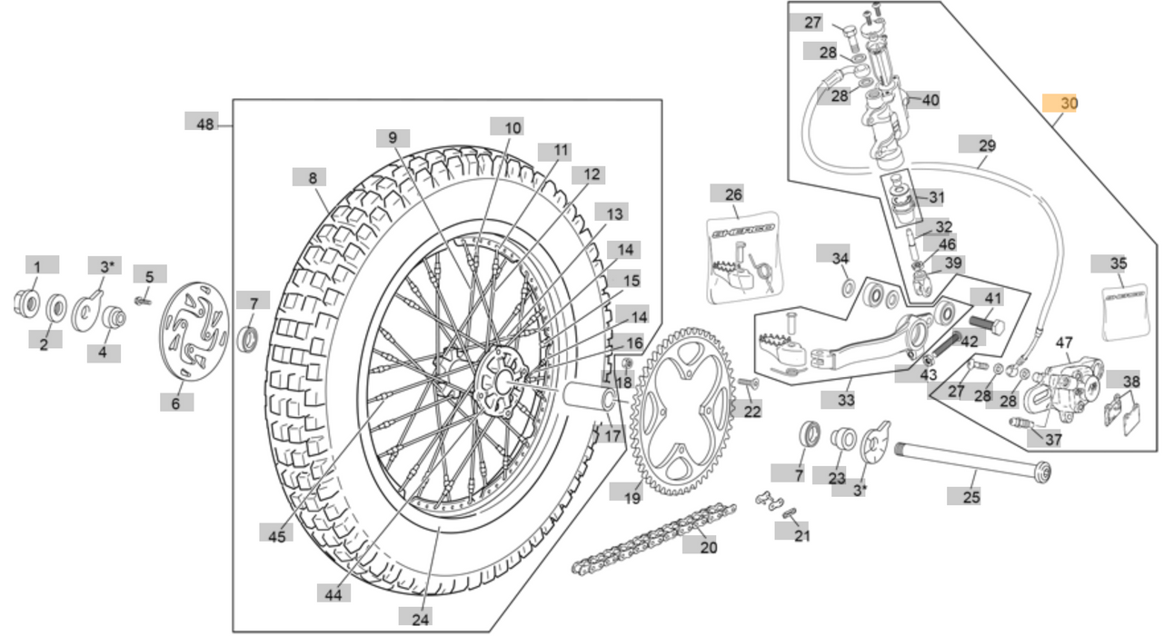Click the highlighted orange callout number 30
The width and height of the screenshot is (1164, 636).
tap(1060, 104)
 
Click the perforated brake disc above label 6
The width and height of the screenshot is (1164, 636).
tap(194, 332)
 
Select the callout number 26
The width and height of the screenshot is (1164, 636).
tap(733, 194)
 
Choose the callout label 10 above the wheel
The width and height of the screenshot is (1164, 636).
tap(513, 128)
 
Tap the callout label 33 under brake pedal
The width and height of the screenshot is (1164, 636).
tap(845, 400)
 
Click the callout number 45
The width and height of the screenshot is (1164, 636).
tap(276, 535)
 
